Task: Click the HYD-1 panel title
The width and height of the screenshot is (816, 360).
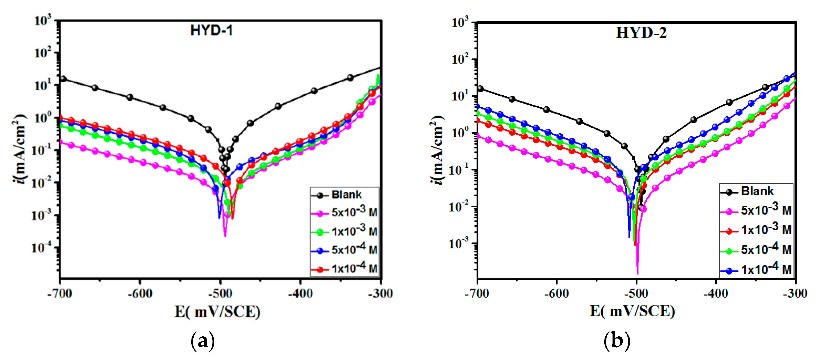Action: (x=212, y=31)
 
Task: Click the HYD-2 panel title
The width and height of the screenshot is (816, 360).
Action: (x=641, y=33)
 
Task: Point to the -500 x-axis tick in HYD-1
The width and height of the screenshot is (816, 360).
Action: (x=220, y=294)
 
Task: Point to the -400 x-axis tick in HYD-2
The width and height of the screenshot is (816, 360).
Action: (x=716, y=294)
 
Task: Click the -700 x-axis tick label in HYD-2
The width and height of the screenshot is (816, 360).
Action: (x=477, y=294)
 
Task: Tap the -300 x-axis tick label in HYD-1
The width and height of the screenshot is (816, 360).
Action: (x=380, y=294)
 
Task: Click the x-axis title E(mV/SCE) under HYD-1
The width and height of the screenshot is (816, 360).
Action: (x=218, y=312)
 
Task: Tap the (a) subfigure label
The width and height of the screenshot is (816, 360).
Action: (x=203, y=341)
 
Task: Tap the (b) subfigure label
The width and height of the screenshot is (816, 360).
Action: (x=617, y=341)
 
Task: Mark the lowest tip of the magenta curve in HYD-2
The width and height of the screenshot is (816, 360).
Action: (x=637, y=273)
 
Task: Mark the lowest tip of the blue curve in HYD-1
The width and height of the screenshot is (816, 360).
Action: (x=219, y=218)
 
